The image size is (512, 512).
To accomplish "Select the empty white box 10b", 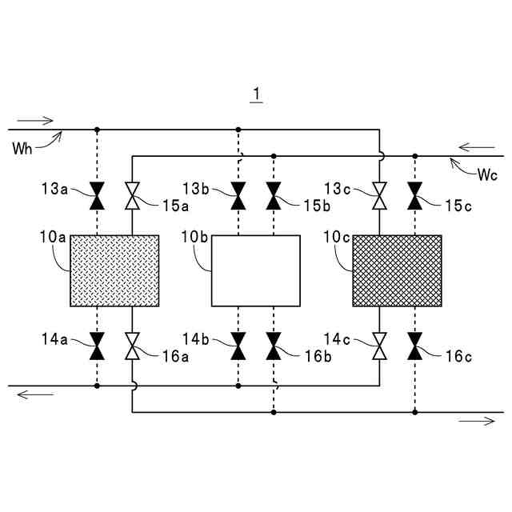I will point(256,270).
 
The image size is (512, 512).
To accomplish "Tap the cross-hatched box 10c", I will point(397,270).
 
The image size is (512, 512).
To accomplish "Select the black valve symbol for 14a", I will point(97,346).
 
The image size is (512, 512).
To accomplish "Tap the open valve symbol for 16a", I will point(132,346).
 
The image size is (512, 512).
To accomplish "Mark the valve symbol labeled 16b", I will point(274,346).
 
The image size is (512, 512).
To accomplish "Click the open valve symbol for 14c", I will point(379,346).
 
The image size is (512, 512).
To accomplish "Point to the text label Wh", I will point(23,148).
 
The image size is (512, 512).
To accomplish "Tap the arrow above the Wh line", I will point(35,121).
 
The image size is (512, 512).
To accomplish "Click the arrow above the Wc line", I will point(477,147).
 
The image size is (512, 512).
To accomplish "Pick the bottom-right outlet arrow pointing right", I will point(477,421).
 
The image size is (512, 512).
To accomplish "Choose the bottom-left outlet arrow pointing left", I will point(35,394).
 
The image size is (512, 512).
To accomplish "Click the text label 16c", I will point(458,358).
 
